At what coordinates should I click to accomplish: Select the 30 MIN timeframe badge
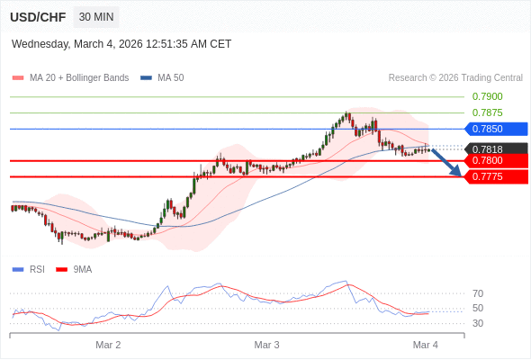click(x=96, y=17)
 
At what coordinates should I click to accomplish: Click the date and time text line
click(x=121, y=43)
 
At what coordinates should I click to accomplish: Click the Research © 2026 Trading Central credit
click(x=455, y=77)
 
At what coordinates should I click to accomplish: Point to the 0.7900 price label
click(x=487, y=96)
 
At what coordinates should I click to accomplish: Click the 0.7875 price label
click(x=487, y=112)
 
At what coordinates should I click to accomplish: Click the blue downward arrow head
click(x=456, y=170)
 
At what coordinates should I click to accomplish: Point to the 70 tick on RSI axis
click(x=478, y=293)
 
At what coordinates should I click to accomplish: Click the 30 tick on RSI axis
click(x=478, y=323)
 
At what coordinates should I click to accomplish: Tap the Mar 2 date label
click(x=108, y=345)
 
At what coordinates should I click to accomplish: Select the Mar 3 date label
click(x=266, y=345)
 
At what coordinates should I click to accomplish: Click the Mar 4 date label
click(x=425, y=345)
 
